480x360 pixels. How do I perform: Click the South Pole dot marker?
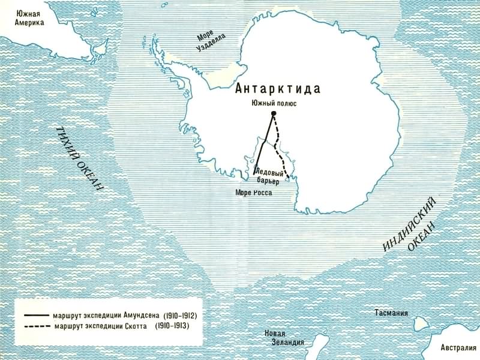point(274,113)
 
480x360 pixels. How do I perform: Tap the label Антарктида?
point(278,89)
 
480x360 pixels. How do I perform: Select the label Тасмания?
point(391,313)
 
